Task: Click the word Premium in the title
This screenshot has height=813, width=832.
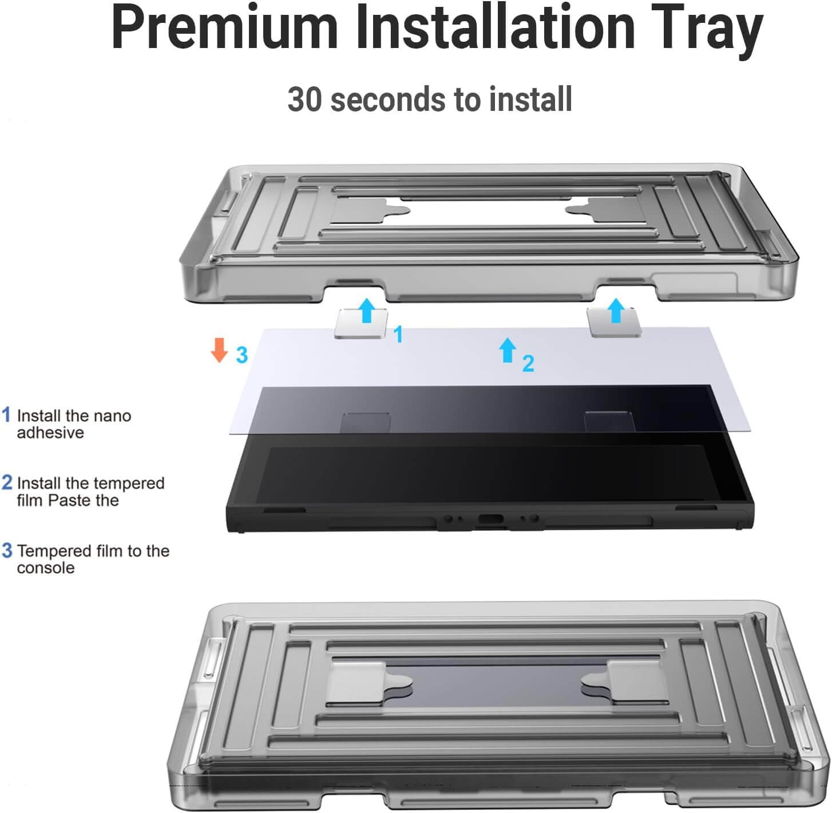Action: tap(224, 27)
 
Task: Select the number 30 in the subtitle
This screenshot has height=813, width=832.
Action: tap(304, 99)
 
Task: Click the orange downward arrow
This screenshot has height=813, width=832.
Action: tap(219, 350)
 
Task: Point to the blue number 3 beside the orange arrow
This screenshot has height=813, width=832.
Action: tap(242, 354)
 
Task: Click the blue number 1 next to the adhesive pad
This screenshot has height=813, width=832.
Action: tap(398, 334)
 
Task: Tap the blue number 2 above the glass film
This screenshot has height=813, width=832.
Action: tap(529, 364)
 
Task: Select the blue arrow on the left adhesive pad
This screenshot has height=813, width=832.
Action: tap(366, 310)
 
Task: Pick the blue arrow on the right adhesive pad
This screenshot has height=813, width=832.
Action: tap(616, 310)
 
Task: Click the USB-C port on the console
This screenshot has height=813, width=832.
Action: tap(491, 519)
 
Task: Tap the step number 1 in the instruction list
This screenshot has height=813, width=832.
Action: tap(6, 415)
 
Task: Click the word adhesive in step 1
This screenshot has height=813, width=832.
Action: tap(50, 433)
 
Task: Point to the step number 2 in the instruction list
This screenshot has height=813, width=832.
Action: tap(7, 483)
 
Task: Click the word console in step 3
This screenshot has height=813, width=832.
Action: tap(46, 568)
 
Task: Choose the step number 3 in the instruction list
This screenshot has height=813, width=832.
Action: tap(7, 550)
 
